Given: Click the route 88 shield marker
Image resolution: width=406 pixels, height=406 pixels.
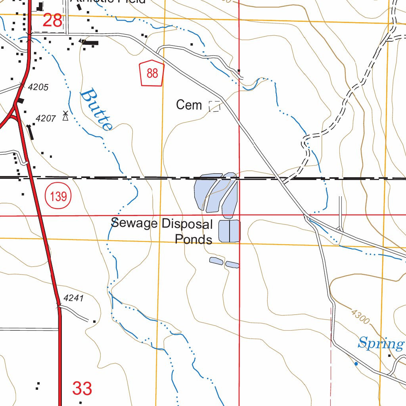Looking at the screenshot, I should coord(152,73).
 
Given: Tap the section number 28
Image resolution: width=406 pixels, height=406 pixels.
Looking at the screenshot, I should coord(52,20).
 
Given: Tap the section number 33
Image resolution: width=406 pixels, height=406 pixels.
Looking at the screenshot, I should coord(82,389).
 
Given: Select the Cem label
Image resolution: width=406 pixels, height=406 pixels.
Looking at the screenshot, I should coord(189,105).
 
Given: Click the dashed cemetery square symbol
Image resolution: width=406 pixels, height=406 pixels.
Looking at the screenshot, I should coord(214,106).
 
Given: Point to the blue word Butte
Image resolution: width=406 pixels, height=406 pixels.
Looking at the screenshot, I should coord(96,110).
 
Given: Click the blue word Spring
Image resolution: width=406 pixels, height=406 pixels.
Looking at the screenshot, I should coord(380,343).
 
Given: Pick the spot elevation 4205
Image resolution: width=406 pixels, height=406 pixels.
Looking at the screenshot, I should coord(38,87).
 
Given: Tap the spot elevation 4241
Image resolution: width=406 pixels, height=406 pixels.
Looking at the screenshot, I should coord(73,298).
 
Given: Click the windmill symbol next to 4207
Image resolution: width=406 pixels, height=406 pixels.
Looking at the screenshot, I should coord(65,116).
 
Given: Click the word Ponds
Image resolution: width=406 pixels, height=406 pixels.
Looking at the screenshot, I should coord(193,239).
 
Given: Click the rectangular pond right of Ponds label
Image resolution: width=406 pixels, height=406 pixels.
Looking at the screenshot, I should coord(230,231).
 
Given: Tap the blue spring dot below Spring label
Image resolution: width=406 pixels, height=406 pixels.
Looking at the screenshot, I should coord(356,364).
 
